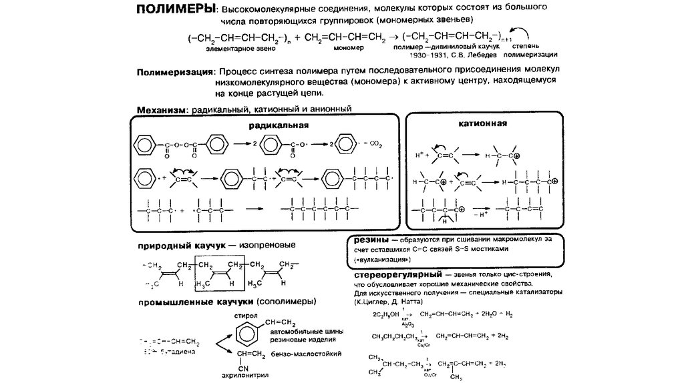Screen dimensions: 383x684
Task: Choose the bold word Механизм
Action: coord(161,109)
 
